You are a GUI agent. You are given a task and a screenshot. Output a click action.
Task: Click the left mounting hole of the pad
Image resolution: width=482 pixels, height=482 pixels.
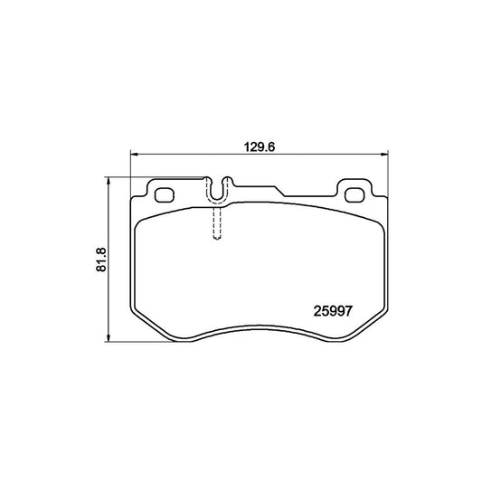pyautogui.click(x=165, y=194)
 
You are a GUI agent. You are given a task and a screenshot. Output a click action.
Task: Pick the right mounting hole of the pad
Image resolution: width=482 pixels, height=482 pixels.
pyautogui.click(x=354, y=194)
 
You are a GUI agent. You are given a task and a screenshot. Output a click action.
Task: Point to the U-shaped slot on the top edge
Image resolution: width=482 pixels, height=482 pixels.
pyautogui.click(x=218, y=191)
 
